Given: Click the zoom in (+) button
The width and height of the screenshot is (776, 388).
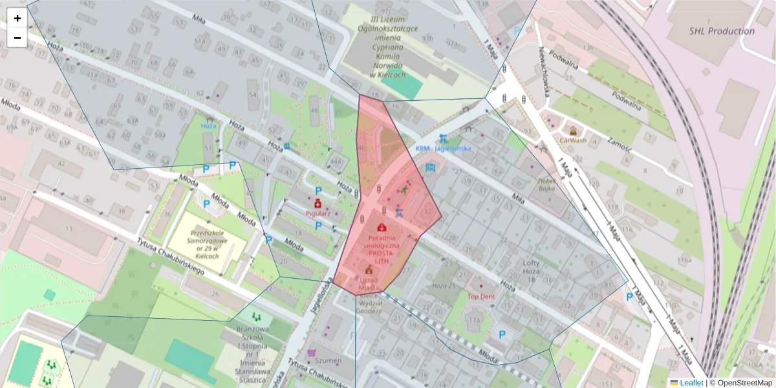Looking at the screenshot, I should coord(17,18).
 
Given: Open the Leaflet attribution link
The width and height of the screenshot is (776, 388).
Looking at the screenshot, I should coord(691,383).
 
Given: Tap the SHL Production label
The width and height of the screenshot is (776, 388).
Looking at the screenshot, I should coord(721,30).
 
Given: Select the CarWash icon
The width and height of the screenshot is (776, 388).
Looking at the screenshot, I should coord(573,129).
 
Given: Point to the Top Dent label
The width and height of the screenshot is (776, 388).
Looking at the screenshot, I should coord(481,296).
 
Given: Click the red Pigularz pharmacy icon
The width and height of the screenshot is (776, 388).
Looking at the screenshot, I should coord(318,203).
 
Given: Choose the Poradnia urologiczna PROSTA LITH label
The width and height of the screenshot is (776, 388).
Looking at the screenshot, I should coord(382,246).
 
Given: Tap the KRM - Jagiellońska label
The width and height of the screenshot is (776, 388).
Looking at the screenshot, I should coord(443,148).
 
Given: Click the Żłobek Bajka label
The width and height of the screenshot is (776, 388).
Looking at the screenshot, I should coord(546,185).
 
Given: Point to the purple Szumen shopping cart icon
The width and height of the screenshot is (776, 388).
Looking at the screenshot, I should coord(312,352).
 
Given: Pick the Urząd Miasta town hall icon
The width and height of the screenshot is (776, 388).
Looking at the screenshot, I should coord(369,269).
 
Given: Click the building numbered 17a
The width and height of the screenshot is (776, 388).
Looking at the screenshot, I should coord(475,319).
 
